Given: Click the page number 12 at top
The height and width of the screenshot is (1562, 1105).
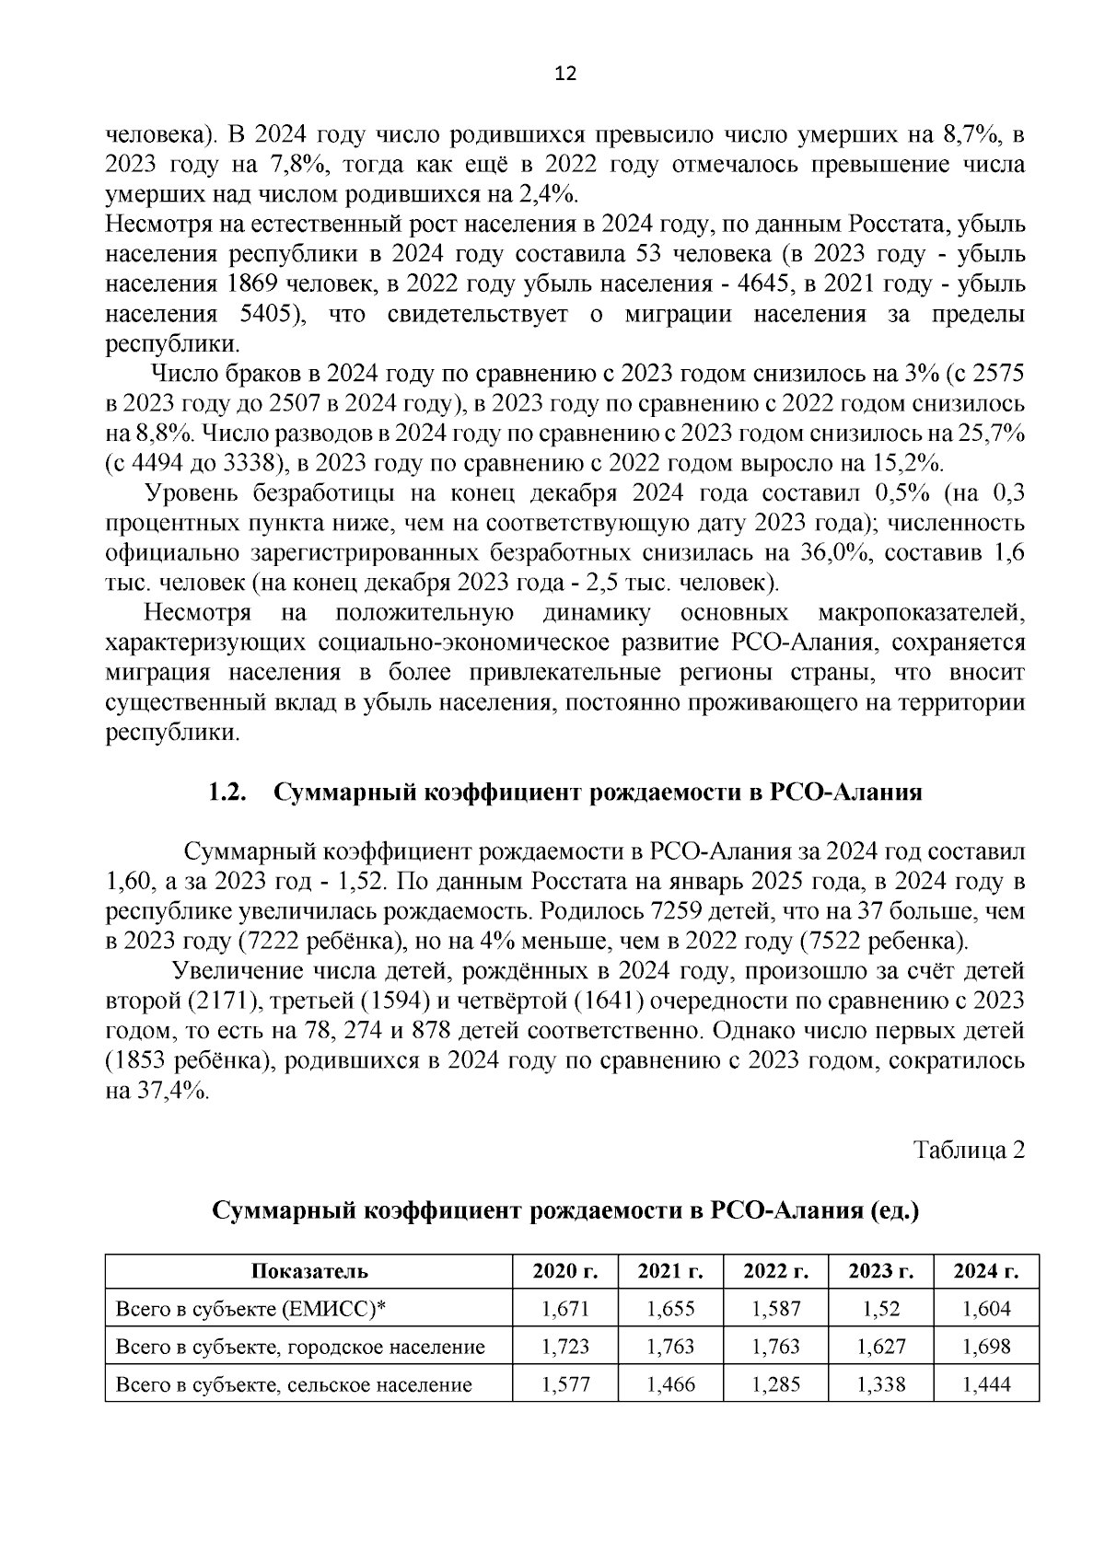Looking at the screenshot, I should click(x=565, y=75).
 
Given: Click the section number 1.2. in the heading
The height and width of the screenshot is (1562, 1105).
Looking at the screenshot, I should click(x=227, y=793).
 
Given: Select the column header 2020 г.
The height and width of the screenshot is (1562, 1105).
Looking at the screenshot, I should click(x=565, y=1271).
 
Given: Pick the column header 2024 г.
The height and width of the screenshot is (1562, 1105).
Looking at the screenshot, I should click(x=985, y=1271).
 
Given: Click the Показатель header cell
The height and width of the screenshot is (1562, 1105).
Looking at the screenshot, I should click(x=308, y=1271).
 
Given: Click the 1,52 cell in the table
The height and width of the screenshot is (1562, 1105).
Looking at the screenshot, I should click(x=880, y=1309).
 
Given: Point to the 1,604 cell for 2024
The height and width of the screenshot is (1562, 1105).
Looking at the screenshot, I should click(x=985, y=1309).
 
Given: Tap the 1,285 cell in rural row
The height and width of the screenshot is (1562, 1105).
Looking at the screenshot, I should click(x=775, y=1383).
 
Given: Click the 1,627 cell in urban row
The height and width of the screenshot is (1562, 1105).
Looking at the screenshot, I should click(x=880, y=1347).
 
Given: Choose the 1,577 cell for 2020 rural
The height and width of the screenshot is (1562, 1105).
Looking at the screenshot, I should click(x=565, y=1383).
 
